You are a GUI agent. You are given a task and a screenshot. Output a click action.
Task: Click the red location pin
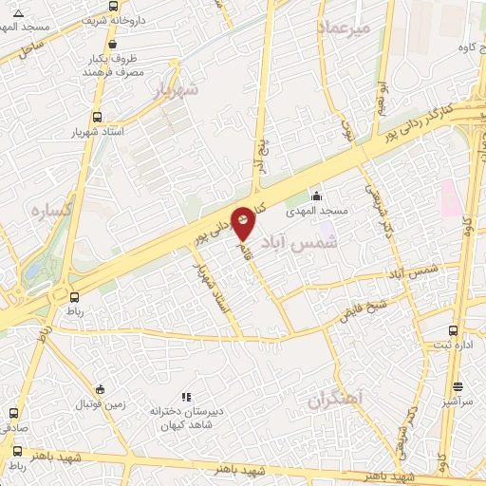pos(244,221)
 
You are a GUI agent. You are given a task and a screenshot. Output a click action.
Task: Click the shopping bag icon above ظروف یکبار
pos(113,44)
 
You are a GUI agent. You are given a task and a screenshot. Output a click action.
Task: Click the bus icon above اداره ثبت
pos(453,331)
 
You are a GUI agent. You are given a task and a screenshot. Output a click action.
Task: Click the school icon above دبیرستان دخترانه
pos(186,397)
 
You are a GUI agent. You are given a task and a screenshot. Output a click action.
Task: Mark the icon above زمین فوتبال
pos(100,389)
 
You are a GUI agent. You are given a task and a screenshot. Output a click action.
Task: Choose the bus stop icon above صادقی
pos(13,414)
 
